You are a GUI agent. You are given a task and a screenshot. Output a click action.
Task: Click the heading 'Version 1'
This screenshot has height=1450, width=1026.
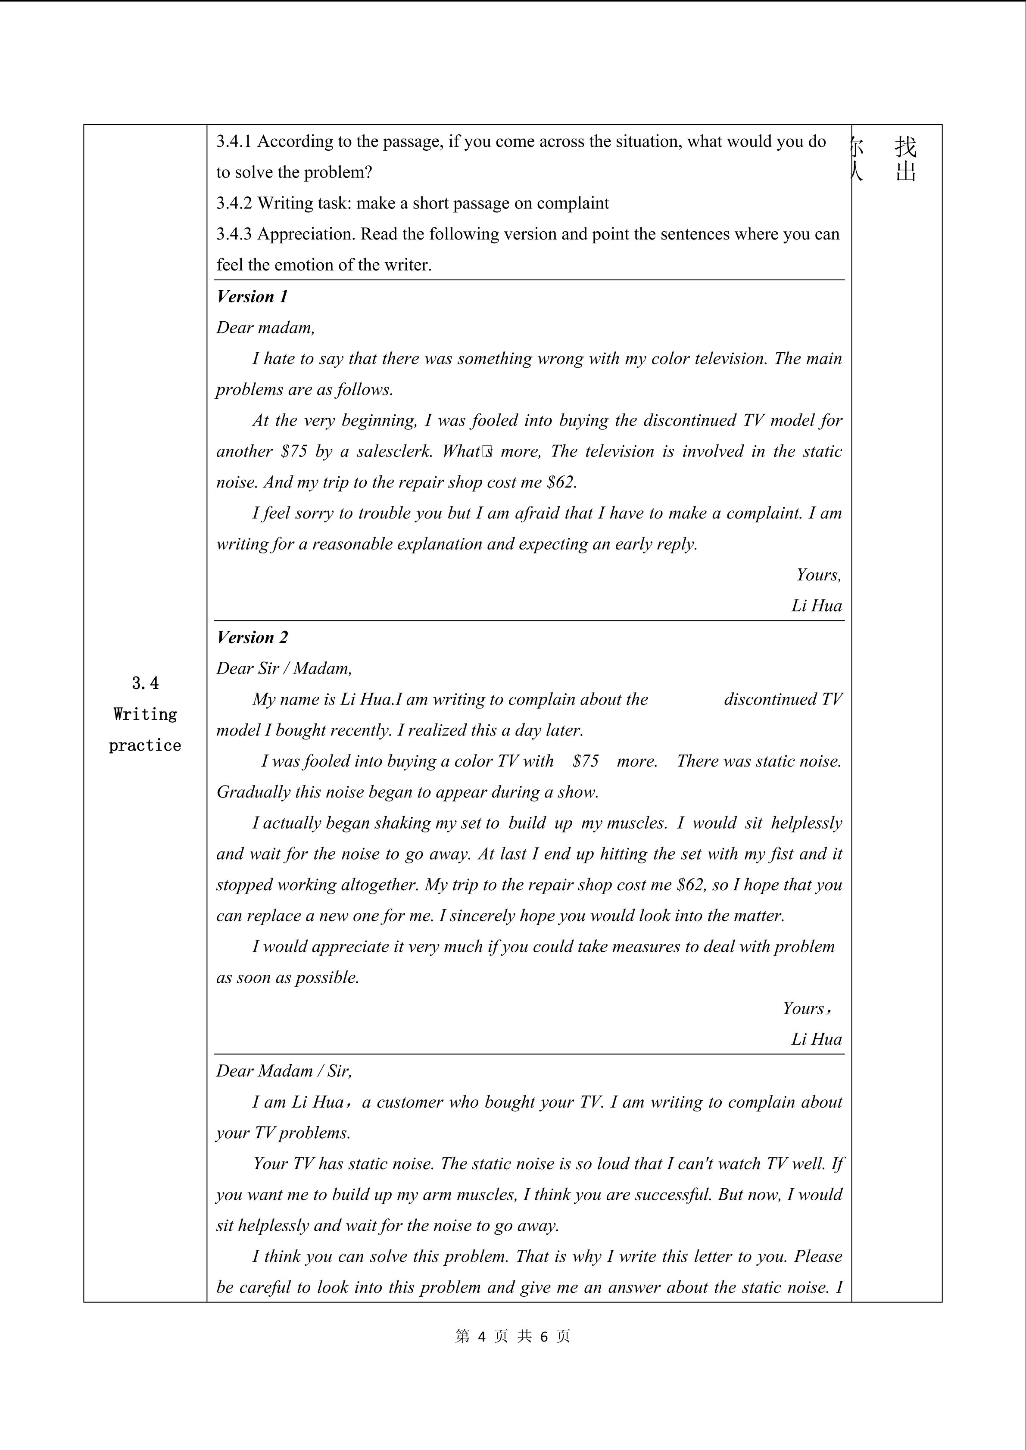coord(252,296)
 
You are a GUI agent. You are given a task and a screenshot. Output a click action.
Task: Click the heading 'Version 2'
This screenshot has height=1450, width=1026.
coord(252,637)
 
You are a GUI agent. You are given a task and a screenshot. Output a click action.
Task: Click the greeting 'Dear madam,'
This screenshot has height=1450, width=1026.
coord(265,327)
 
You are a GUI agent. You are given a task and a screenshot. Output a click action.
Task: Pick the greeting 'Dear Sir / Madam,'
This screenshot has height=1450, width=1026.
coord(284,668)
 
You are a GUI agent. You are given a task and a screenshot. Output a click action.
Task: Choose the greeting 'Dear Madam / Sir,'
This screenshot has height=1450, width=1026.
coord(284,1071)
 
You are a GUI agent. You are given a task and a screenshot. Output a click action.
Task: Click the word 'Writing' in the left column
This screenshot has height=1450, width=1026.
coord(145,714)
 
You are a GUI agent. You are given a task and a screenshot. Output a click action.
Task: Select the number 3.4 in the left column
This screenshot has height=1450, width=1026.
coord(145,683)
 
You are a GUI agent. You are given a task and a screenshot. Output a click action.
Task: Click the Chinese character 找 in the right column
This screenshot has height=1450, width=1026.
coord(905,147)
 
